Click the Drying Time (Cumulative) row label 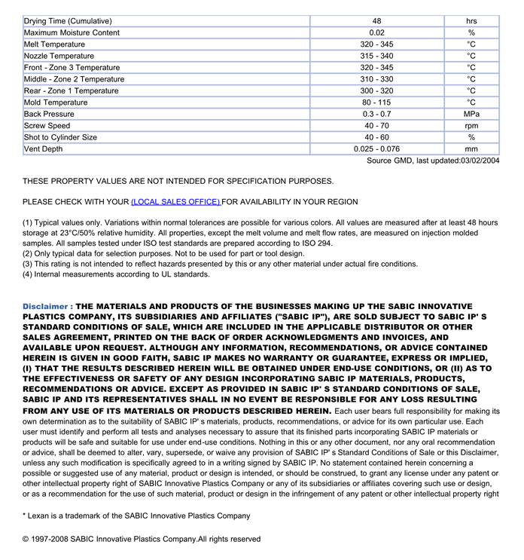click(x=68, y=21)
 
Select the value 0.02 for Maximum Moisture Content click(x=376, y=33)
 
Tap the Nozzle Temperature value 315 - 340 click(x=376, y=57)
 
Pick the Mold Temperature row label click(x=56, y=103)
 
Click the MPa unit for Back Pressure click(x=471, y=115)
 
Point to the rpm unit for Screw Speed click(x=471, y=126)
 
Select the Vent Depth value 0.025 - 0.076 click(x=376, y=149)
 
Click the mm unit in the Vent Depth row click(x=471, y=149)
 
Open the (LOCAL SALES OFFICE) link click(x=175, y=202)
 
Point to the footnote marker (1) click(x=29, y=223)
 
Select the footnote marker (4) click(x=29, y=275)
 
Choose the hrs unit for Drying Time click(x=471, y=21)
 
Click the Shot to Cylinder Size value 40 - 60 click(x=376, y=138)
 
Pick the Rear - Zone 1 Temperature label click(x=71, y=91)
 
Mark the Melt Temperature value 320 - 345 click(x=376, y=44)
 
